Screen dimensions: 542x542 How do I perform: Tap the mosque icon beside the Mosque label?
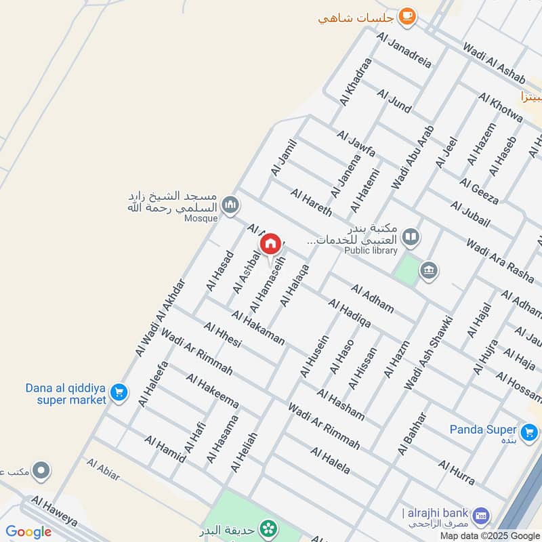click(231, 204)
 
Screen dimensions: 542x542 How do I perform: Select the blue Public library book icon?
click(411, 237)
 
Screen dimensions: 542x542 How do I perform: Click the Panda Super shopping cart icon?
click(530, 431)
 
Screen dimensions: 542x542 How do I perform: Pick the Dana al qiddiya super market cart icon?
click(119, 392)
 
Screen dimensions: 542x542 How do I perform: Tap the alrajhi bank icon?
click(481, 516)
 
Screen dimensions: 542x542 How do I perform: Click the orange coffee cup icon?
click(406, 16)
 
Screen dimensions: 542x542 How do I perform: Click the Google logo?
click(28, 532)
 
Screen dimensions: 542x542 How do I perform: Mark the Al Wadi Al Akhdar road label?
click(160, 317)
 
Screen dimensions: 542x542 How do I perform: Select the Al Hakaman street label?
click(257, 328)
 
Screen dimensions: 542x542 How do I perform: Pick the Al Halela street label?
click(331, 461)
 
